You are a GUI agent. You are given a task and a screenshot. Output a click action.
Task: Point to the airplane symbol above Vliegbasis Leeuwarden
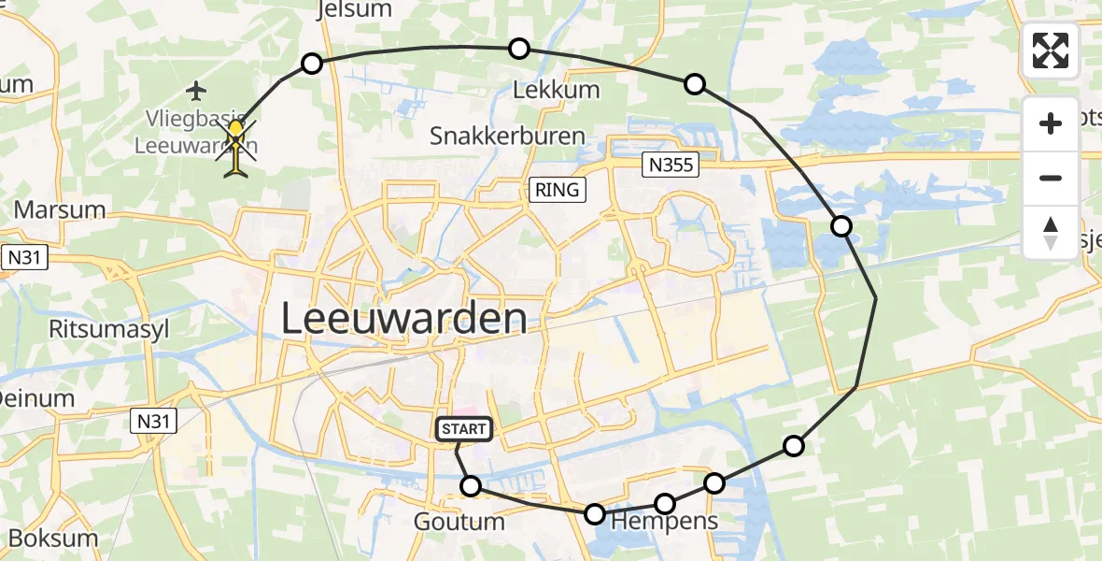coord(196,91)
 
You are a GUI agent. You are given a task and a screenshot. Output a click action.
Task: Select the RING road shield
coord(558,190)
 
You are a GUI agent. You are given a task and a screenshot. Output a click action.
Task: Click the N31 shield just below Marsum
coord(24,259)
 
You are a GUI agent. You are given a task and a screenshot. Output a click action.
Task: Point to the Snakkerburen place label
coord(507,136)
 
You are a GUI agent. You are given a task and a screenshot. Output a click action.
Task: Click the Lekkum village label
coord(557,91)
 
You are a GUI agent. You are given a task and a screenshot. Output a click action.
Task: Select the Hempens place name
coord(664,521)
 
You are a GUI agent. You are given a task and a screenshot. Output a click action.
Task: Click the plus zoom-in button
coord(1051,123)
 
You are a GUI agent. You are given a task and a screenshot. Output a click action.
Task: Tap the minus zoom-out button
coord(1051,178)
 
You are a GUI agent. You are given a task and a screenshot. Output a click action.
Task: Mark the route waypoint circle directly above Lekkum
coord(518,49)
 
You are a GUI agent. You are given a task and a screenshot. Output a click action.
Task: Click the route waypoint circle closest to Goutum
coord(471,486)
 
